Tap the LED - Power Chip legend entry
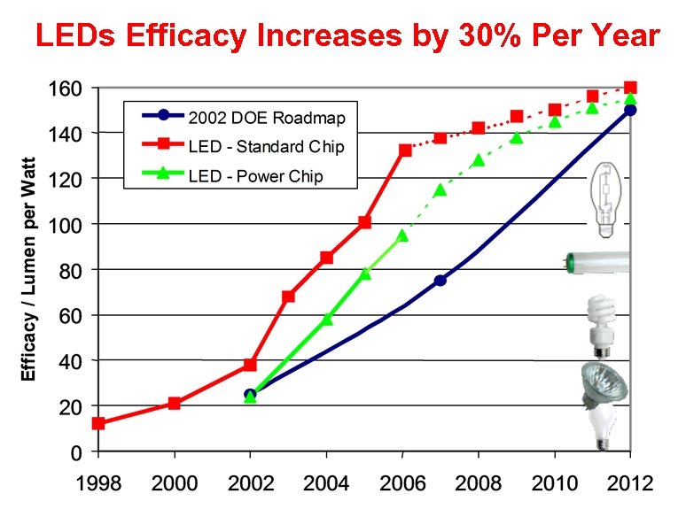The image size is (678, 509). coord(255,175)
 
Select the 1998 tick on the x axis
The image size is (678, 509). coord(98,483)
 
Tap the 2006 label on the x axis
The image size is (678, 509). coord(402,483)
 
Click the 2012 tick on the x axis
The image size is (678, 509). coord(630,483)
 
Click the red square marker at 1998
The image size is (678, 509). coord(98,423)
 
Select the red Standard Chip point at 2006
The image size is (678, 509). coord(405,150)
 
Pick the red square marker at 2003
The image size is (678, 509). coord(288,297)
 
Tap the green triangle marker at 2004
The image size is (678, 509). coord(326,319)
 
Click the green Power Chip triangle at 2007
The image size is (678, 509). coord(440,189)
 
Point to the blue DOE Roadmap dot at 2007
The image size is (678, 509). coord(440,280)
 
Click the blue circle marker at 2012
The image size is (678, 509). coord(630,110)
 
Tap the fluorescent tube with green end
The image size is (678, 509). coord(597,262)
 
